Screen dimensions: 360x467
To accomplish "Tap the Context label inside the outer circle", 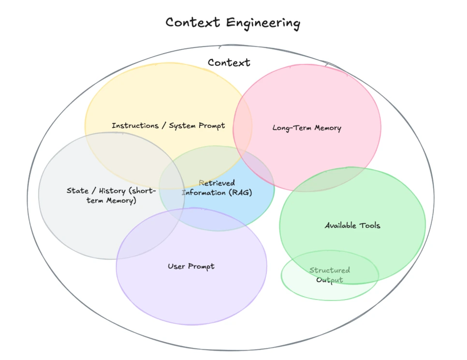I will (x=229, y=62).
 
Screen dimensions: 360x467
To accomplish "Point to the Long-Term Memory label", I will (x=306, y=128).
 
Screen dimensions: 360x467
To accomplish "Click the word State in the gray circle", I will (x=77, y=191).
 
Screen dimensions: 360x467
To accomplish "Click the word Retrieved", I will (x=217, y=183).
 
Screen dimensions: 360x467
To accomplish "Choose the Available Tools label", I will (x=352, y=225).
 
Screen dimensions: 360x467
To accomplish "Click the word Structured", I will (x=329, y=270).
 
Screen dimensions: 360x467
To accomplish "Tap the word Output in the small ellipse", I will (x=329, y=280).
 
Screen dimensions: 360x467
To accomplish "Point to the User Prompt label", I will (x=191, y=267).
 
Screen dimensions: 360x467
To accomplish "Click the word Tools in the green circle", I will (x=370, y=225).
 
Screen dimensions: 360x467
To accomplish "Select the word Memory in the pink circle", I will (x=328, y=128).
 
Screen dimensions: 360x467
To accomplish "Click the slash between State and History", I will (x=94, y=191).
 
